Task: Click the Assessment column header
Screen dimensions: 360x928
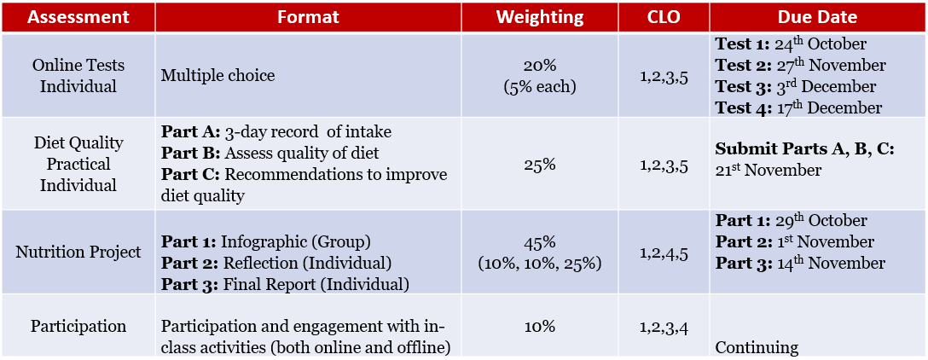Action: pyautogui.click(x=78, y=17)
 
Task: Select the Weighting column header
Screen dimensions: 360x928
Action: pyautogui.click(x=540, y=17)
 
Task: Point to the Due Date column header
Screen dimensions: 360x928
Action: pyautogui.click(x=817, y=17)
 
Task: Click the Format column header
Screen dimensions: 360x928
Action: pyautogui.click(x=308, y=17)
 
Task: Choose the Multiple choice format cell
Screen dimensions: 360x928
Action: pyautogui.click(x=217, y=76)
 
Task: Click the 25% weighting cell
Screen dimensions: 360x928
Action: pyautogui.click(x=540, y=164)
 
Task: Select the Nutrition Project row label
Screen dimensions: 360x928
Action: pyautogui.click(x=78, y=253)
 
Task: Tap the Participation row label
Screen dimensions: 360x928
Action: pyautogui.click(x=78, y=326)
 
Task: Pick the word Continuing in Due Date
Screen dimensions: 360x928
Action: pyautogui.click(x=757, y=347)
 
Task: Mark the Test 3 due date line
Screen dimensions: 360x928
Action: pyautogui.click(x=795, y=87)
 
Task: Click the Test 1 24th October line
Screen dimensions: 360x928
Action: pyautogui.click(x=791, y=44)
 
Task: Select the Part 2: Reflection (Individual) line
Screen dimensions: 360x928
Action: pyautogui.click(x=275, y=263)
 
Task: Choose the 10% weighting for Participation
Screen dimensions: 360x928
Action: pyautogui.click(x=540, y=326)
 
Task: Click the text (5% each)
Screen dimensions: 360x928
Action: pyautogui.click(x=540, y=86)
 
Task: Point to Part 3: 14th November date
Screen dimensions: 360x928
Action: pyautogui.click(x=800, y=263)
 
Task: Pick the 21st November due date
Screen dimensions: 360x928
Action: pyautogui.click(x=768, y=171)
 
